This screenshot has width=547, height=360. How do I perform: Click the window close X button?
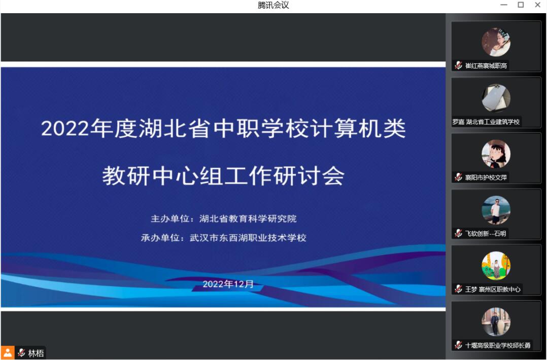[x=537, y=5]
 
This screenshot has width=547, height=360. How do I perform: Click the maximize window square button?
[x=521, y=5]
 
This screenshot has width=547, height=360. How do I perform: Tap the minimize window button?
[x=504, y=5]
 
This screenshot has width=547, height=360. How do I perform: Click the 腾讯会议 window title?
[x=273, y=5]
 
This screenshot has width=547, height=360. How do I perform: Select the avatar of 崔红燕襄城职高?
[x=496, y=42]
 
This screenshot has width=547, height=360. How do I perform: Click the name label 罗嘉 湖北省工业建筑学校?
[x=486, y=122]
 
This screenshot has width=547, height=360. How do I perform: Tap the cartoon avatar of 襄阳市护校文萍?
[x=496, y=154]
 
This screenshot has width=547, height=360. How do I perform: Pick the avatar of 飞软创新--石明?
[x=496, y=210]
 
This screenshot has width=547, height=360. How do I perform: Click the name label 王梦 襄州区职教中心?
[x=493, y=289]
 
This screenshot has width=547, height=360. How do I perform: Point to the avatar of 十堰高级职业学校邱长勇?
[x=496, y=321]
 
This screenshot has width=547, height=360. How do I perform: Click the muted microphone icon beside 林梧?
[x=22, y=353]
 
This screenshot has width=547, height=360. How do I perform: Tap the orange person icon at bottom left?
[x=7, y=353]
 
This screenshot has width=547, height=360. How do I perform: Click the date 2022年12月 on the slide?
[x=228, y=284]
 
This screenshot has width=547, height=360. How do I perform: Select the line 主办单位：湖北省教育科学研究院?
[x=224, y=219]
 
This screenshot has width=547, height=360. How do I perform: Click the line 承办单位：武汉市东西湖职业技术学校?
[x=224, y=238]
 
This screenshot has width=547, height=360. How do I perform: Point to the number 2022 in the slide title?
[x=65, y=129]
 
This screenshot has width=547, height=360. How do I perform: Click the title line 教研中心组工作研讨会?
[x=223, y=175]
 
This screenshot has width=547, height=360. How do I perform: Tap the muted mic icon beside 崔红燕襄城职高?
[x=458, y=65]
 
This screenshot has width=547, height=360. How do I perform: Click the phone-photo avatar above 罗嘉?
[x=496, y=98]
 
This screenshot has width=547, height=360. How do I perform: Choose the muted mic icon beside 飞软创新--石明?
[x=458, y=233]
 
